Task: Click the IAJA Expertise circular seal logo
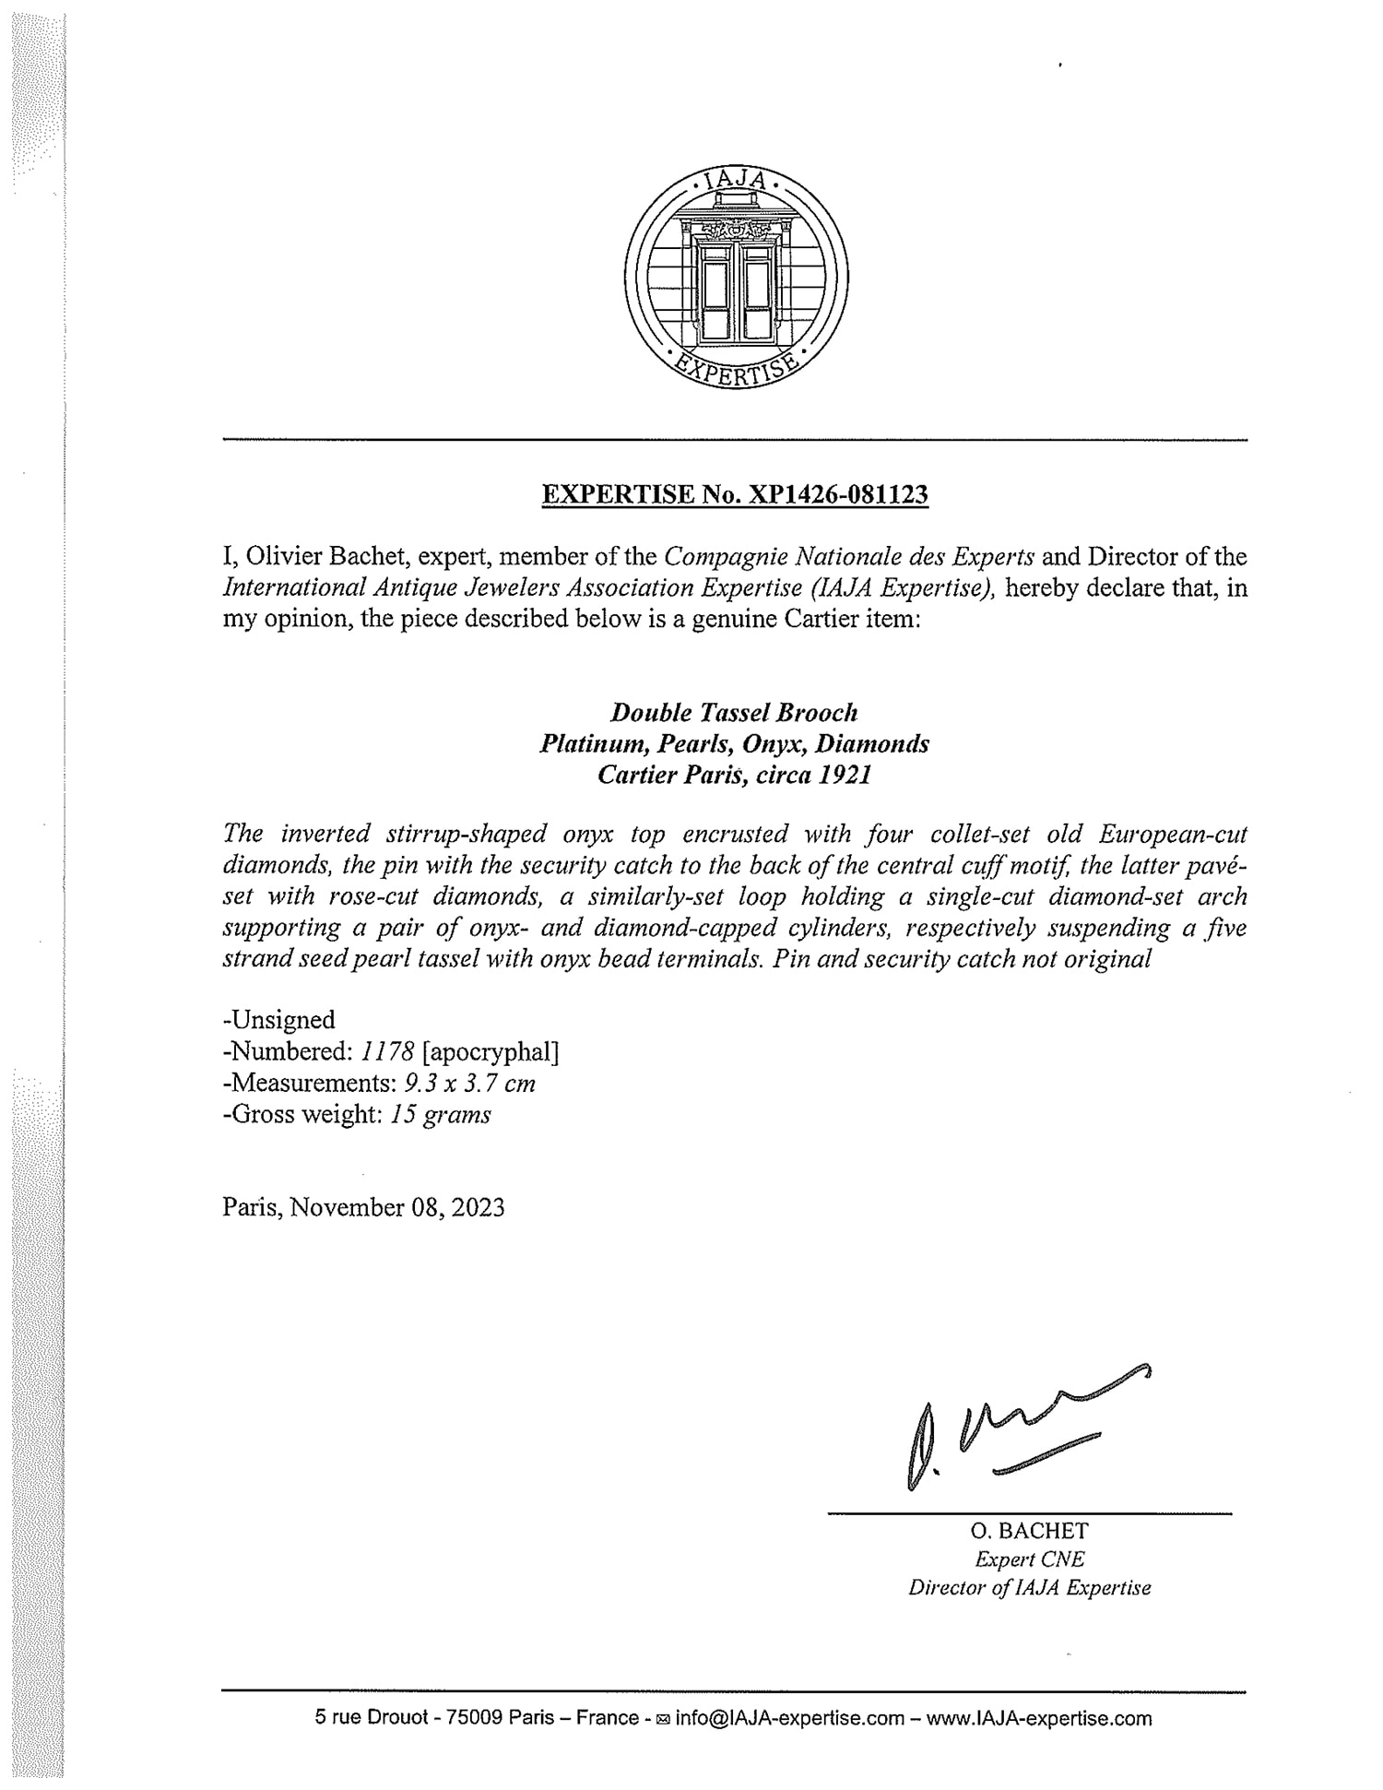(736, 279)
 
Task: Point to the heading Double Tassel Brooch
(735, 712)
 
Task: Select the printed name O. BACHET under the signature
(1029, 1531)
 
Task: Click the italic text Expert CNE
(1029, 1559)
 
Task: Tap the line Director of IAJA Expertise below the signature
(1029, 1588)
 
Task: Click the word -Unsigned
(278, 1019)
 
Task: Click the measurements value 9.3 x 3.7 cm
(470, 1083)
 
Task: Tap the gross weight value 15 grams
(440, 1114)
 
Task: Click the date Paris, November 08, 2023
(363, 1207)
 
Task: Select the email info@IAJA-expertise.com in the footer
(789, 1718)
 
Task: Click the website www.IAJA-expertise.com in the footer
(1039, 1718)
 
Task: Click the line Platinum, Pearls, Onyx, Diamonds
(735, 743)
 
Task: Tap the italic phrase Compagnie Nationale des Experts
(849, 557)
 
